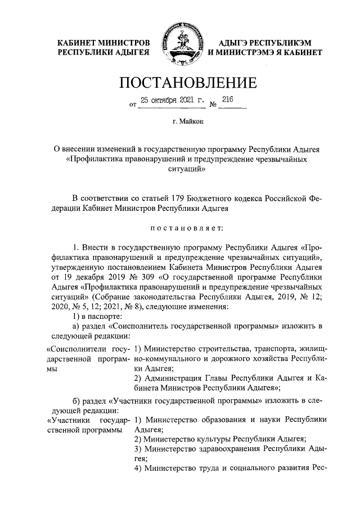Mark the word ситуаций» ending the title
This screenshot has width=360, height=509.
tap(180, 169)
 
